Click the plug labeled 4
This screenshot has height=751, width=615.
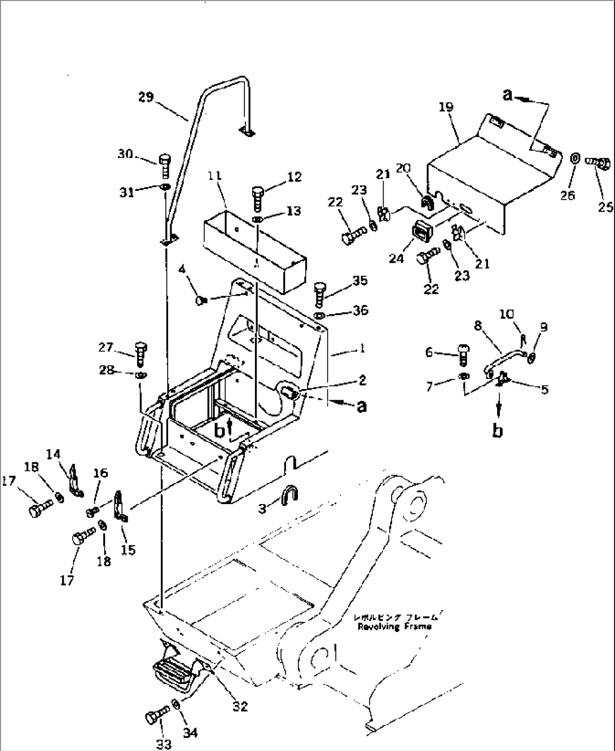tap(201, 301)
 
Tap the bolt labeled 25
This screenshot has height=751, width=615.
tap(600, 164)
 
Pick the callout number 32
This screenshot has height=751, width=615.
tap(240, 706)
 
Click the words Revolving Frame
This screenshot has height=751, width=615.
tap(394, 626)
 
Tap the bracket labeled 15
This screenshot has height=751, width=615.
tap(120, 505)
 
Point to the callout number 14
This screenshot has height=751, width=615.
tap(53, 453)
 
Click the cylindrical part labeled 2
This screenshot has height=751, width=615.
tap(289, 392)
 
